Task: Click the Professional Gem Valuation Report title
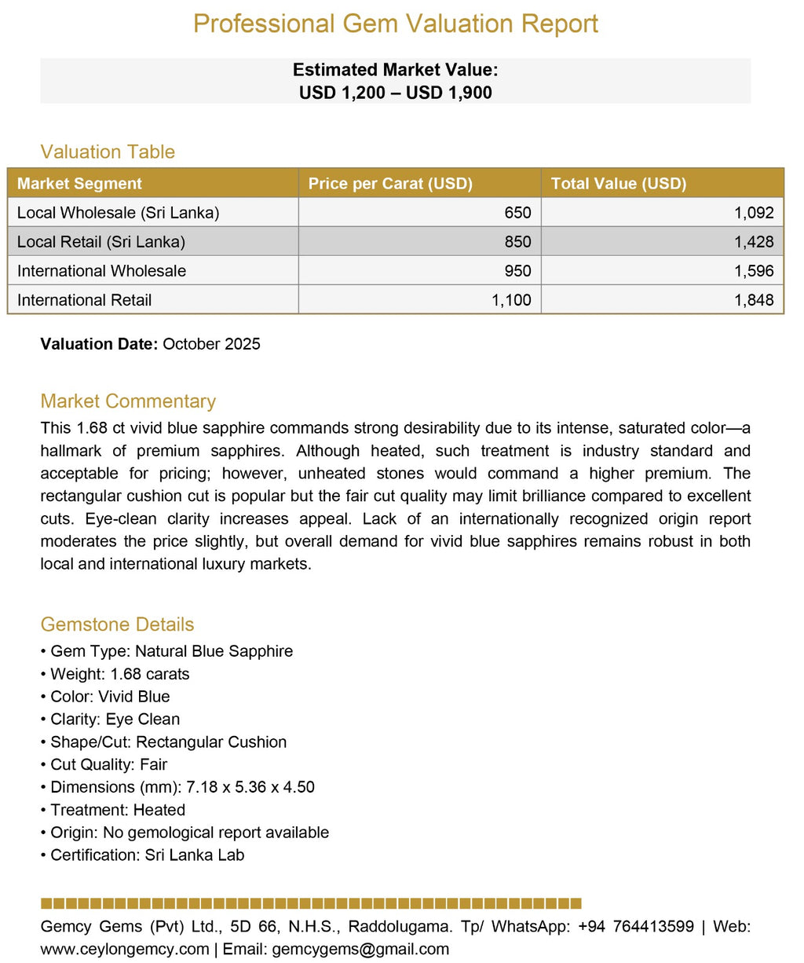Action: pos(395,24)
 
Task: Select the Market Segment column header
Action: pos(79,184)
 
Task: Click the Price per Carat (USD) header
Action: pos(390,184)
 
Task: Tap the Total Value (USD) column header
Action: pos(619,184)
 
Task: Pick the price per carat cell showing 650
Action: pos(517,213)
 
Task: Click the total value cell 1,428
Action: pos(754,242)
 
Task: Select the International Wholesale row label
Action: pos(101,271)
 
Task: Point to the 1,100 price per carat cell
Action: pos(511,300)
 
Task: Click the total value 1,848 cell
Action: pos(754,300)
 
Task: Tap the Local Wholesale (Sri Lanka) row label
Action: pos(118,213)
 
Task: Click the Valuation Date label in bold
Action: pos(99,344)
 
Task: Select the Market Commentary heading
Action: pos(128,401)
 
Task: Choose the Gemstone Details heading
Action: pos(117,624)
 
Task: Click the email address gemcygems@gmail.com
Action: pos(360,949)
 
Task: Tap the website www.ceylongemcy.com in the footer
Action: pos(125,949)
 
